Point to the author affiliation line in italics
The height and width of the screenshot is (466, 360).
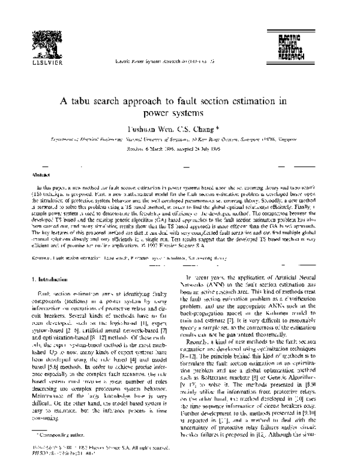point(179,140)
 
